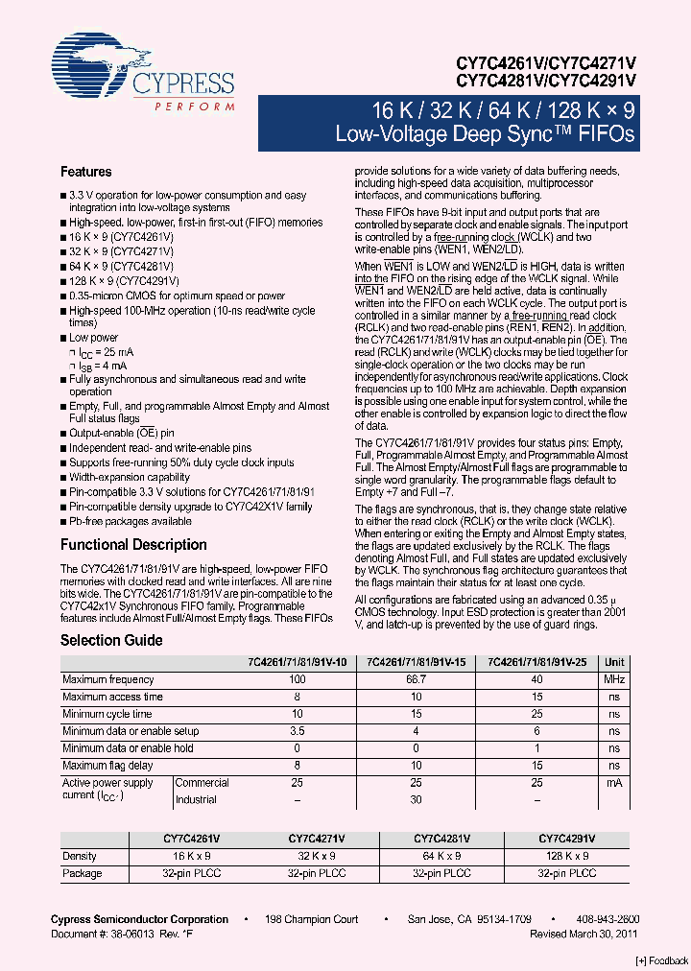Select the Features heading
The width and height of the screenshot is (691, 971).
pyautogui.click(x=86, y=172)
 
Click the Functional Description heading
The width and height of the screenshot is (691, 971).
pyautogui.click(x=133, y=544)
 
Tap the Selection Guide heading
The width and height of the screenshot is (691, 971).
pyautogui.click(x=111, y=640)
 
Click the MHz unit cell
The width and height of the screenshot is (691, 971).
pyautogui.click(x=614, y=679)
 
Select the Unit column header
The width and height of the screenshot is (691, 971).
pyautogui.click(x=614, y=662)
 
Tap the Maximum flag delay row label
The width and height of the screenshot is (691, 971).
pyautogui.click(x=107, y=766)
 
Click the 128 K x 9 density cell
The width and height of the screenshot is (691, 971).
pyautogui.click(x=566, y=856)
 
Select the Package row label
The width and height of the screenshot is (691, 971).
pyautogui.click(x=82, y=873)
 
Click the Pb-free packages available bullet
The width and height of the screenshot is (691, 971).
pyautogui.click(x=130, y=521)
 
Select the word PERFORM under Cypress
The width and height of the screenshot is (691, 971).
pyautogui.click(x=194, y=107)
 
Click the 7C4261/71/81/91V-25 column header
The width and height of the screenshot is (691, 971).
pyautogui.click(x=538, y=662)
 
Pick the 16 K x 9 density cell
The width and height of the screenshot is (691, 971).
pyautogui.click(x=192, y=856)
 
